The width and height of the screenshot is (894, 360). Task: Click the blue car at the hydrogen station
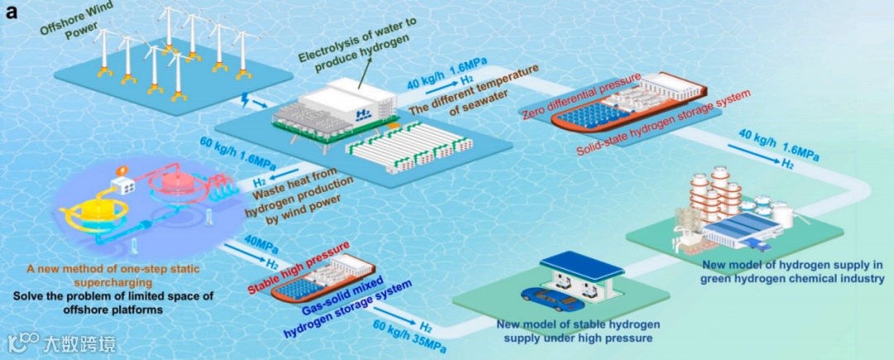(x=543, y=295)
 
